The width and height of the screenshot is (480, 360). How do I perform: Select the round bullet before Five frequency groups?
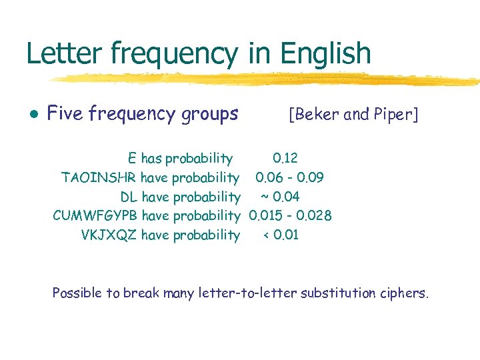pyautogui.click(x=33, y=115)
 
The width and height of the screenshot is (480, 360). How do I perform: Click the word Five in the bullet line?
pyautogui.click(x=65, y=114)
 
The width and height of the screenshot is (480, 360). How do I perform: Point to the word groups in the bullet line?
pyautogui.click(x=210, y=115)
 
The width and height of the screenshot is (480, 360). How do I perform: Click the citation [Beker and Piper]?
pyautogui.click(x=353, y=115)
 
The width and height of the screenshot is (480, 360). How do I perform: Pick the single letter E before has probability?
pyautogui.click(x=132, y=159)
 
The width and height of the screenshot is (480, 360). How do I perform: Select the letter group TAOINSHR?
pyautogui.click(x=93, y=177)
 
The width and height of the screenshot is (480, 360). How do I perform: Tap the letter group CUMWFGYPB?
pyautogui.click(x=95, y=215)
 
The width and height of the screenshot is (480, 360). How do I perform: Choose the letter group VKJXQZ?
pyautogui.click(x=109, y=235)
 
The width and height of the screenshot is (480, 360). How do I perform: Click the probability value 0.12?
pyautogui.click(x=285, y=159)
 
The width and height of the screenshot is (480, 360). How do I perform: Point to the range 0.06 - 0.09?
pyautogui.click(x=289, y=177)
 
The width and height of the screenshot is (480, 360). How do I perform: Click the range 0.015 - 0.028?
pyautogui.click(x=290, y=215)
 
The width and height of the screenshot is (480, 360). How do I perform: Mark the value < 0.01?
pyautogui.click(x=281, y=235)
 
